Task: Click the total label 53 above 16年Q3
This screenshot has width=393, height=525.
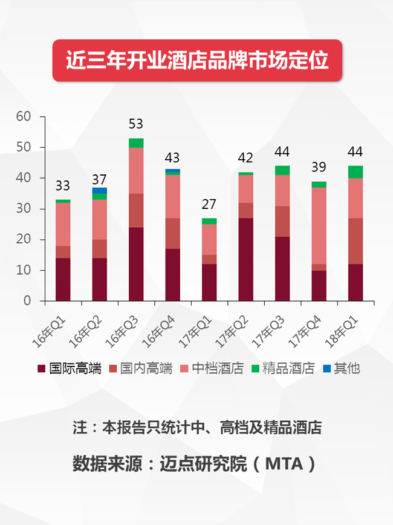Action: (x=135, y=124)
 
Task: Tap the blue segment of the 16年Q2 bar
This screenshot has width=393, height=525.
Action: (x=100, y=191)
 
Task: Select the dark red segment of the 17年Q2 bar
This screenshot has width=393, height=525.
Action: (x=245, y=260)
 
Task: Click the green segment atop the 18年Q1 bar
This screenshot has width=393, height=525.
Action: (x=356, y=172)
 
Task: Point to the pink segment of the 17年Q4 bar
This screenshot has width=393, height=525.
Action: (x=319, y=226)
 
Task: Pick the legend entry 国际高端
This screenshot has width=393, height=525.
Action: (x=70, y=368)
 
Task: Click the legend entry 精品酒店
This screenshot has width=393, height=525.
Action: (x=283, y=368)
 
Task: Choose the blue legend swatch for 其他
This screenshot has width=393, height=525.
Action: (x=327, y=369)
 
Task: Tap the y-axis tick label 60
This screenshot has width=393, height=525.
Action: (x=24, y=116)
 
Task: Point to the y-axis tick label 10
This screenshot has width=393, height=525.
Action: (x=24, y=270)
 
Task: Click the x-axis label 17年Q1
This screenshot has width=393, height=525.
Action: (x=195, y=332)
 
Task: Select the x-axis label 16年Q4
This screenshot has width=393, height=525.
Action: (x=158, y=332)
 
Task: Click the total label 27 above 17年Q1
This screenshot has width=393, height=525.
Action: (x=209, y=204)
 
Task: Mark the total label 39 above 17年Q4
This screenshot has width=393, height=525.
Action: (x=319, y=167)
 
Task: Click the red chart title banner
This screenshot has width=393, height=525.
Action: (x=197, y=61)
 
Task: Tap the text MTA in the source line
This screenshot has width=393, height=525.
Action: (x=284, y=464)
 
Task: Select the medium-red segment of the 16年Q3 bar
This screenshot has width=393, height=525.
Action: (x=136, y=210)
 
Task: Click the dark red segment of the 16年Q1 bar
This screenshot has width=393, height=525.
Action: (x=63, y=280)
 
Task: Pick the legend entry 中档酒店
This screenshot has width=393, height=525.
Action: (x=212, y=368)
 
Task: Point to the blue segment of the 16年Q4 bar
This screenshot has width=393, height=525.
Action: (x=172, y=171)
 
